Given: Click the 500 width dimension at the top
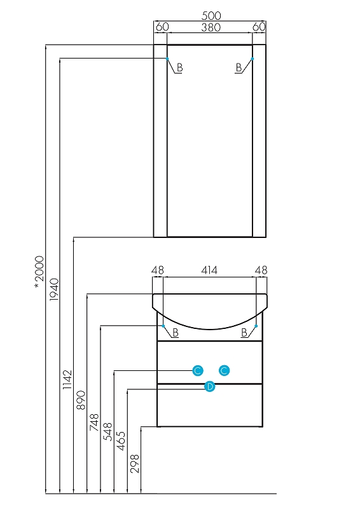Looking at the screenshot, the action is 211,15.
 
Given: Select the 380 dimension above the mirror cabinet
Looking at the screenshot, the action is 211,27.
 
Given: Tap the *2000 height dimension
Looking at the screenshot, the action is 39,272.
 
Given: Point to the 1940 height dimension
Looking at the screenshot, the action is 54,289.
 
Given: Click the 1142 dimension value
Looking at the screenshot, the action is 67,379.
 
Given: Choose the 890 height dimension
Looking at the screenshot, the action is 81,400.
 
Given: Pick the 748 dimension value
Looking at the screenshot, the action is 94,422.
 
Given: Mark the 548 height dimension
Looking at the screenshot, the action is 107,431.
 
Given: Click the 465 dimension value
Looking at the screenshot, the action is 121,440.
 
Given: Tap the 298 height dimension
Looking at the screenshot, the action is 134,464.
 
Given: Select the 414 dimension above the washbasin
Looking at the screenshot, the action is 209,270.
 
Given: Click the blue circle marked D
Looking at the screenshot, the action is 210,387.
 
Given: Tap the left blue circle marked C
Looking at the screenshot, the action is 198,370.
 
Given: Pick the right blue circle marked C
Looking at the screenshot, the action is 225,370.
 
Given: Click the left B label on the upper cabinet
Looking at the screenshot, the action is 179,67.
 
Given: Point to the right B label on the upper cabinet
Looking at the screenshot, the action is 239,67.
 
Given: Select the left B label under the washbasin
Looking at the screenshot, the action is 176,332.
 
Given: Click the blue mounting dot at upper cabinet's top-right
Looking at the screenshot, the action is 253,59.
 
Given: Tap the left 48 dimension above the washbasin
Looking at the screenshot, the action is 158,270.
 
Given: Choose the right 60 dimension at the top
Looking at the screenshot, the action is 259,27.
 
